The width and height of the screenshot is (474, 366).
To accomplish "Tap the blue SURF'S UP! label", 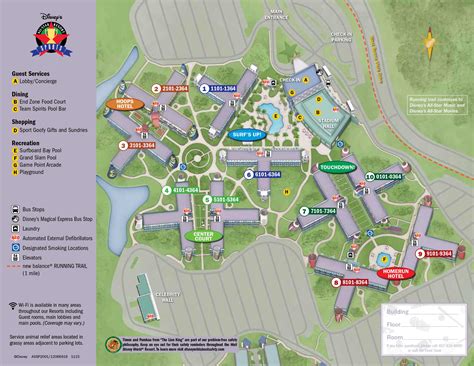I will pos(245,133).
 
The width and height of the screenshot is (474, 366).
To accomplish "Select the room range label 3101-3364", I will pos(137,145).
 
